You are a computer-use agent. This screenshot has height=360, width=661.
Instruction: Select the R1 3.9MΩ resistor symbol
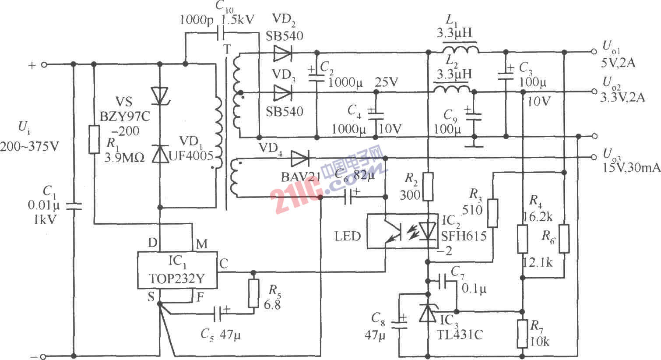tap(94, 140)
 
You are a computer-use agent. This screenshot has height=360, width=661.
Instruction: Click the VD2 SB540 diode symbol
tap(282, 53)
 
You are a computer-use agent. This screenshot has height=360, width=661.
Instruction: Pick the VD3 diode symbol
tap(282, 93)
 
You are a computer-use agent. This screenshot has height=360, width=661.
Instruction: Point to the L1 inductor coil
tap(460, 49)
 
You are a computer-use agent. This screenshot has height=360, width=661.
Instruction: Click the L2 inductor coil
tap(452, 89)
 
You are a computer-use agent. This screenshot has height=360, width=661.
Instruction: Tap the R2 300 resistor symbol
tap(428, 186)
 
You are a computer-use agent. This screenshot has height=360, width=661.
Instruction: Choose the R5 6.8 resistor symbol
tap(253, 293)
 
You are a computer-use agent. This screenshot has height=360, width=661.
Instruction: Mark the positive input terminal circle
tap(43, 65)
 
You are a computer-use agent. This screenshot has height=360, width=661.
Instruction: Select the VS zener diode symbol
tap(159, 95)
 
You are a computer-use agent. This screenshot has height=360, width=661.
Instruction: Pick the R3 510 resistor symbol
tap(493, 213)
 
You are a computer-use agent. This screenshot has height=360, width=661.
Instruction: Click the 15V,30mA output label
tap(630, 167)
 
